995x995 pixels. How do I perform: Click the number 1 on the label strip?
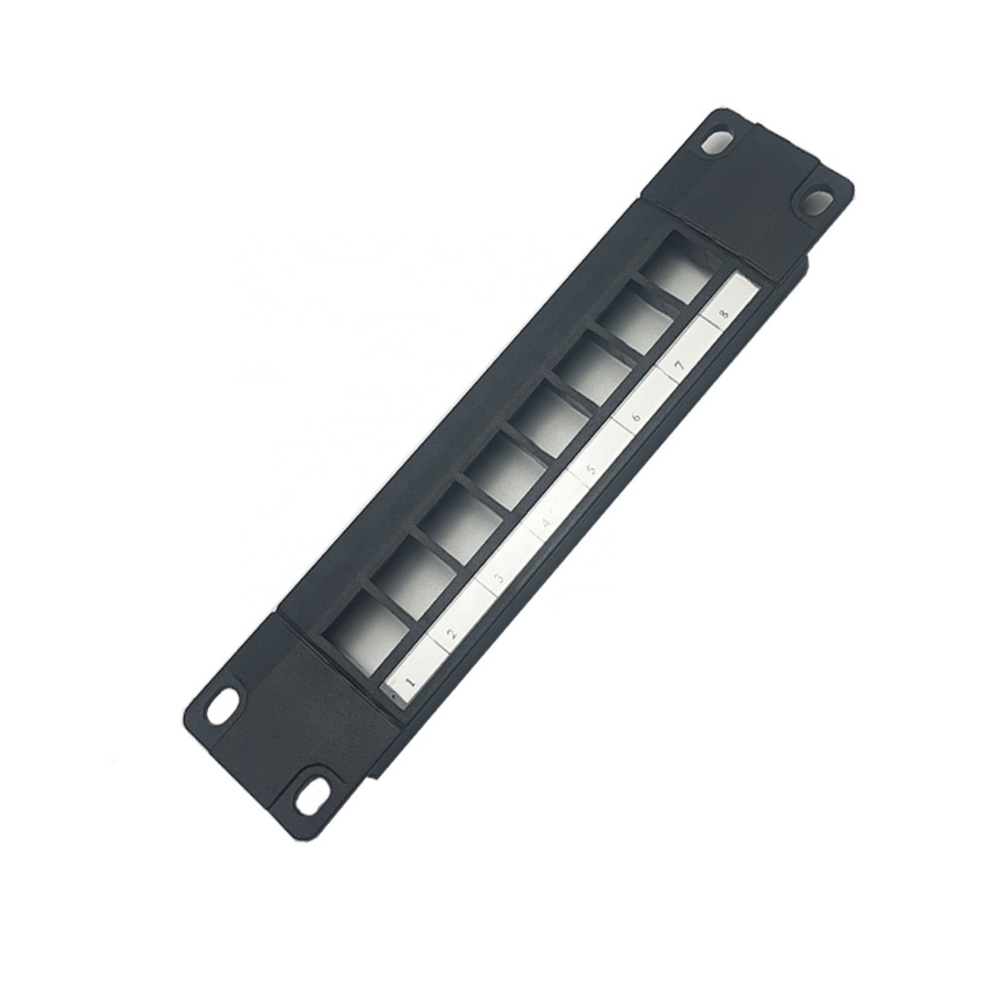[x=408, y=683]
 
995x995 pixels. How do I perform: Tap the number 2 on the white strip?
[x=451, y=634]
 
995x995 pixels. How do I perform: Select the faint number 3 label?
[x=498, y=580]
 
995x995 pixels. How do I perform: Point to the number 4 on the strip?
[x=546, y=525]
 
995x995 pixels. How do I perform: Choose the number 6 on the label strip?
[x=636, y=418]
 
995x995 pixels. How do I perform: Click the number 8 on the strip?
[x=723, y=314]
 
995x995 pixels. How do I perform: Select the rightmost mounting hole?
[x=816, y=202]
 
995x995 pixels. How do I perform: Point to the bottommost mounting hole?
[x=313, y=795]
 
